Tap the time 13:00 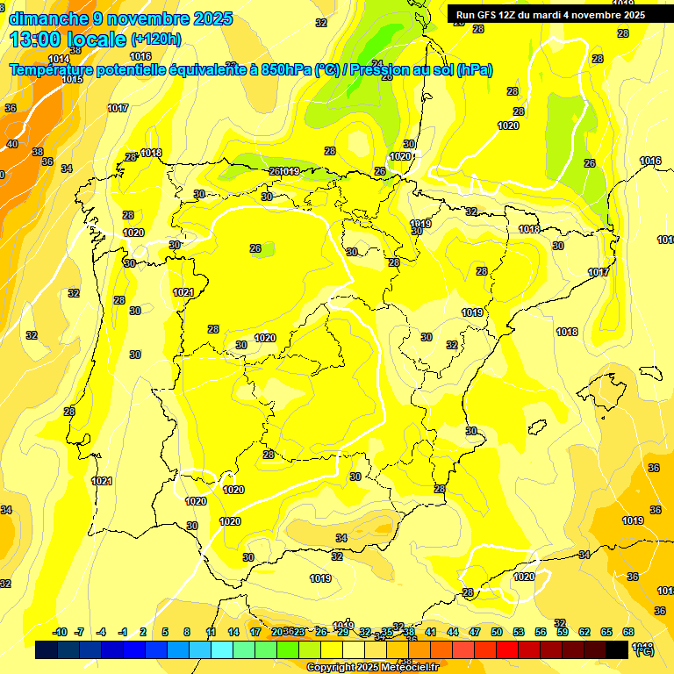click(x=36, y=39)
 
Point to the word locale click(x=97, y=39)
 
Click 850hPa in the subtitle click(x=285, y=70)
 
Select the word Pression click(x=379, y=70)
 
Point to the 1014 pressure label click(x=59, y=60)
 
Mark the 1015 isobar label click(x=72, y=80)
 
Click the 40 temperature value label click(x=12, y=144)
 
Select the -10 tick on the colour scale click(x=60, y=632)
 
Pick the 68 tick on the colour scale click(x=628, y=632)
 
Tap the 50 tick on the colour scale click(x=497, y=632)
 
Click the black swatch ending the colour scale click(x=617, y=649)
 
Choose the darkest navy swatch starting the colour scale click(x=47, y=649)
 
